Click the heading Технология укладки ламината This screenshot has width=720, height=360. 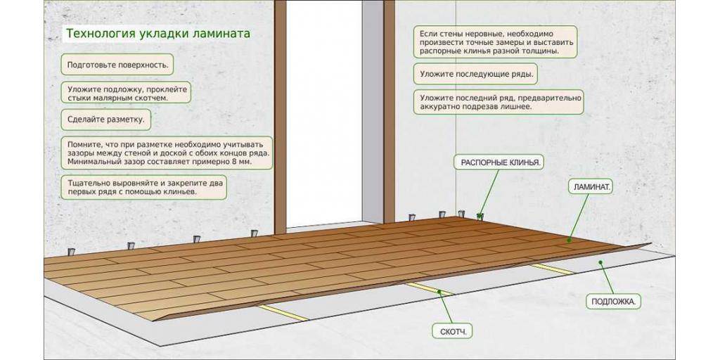pos(158,34)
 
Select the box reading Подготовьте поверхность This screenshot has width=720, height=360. pos(117,65)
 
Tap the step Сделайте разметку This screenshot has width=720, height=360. pos(105,120)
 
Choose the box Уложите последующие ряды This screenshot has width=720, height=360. pos(476,74)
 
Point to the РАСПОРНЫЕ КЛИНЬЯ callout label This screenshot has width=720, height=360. pos(499,162)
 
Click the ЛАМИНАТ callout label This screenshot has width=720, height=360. pos(590,186)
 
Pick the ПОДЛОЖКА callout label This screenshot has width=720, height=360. pos(613,301)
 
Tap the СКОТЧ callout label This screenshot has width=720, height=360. pos(452,330)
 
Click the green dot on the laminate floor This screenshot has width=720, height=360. pos(569,240)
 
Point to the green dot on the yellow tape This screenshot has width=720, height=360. pos(439,292)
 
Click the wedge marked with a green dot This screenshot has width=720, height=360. pos(480,216)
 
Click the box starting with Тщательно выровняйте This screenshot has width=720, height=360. pos(143,187)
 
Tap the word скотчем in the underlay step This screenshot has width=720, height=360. pos(148,98)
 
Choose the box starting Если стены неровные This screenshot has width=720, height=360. pos(495,42)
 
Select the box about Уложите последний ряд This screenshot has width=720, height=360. pos(499,102)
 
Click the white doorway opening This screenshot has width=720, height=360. pos(323,112)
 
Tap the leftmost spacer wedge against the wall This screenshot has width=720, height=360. pos(72,252)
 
